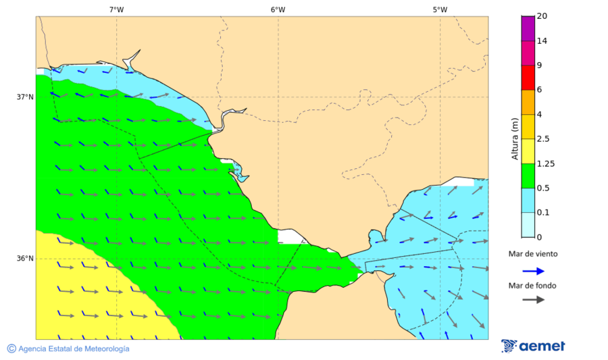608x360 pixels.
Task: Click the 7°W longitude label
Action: tap(116, 9)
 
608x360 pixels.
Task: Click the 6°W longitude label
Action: tap(278, 9)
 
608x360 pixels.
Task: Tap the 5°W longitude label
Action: tap(440, 9)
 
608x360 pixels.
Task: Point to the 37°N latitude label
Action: tap(25, 97)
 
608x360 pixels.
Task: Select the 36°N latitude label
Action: tap(25, 259)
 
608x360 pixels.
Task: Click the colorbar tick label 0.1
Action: tap(544, 212)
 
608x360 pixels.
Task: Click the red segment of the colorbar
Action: tap(528, 78)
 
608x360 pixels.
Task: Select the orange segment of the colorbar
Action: tap(528, 102)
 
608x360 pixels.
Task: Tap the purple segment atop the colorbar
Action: tap(528, 28)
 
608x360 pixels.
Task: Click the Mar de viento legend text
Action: tap(533, 254)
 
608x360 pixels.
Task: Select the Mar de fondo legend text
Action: tap(533, 285)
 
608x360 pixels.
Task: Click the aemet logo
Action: tap(534, 346)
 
